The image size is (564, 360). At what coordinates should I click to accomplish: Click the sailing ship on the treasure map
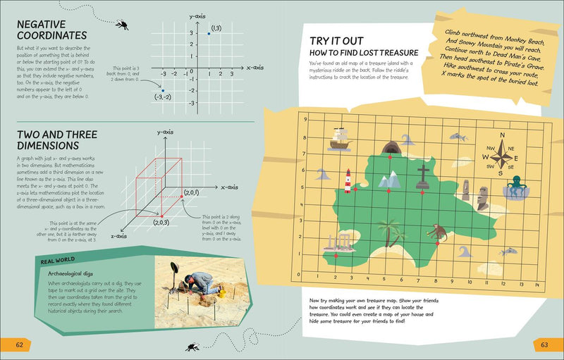click(340, 139)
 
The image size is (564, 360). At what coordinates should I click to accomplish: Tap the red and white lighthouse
click(348, 181)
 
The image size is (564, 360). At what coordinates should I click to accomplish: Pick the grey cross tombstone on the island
click(423, 176)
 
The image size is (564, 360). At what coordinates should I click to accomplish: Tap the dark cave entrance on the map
click(389, 148)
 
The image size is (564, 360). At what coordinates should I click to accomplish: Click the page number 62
click(20, 344)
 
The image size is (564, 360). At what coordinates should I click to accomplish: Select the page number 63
click(544, 344)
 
